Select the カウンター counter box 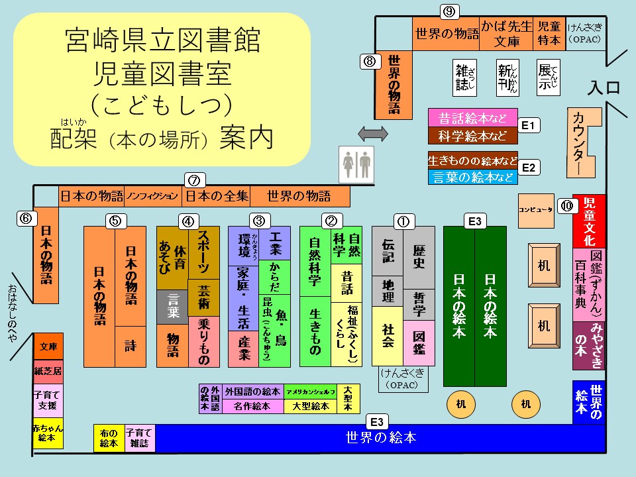[584, 142]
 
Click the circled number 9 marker [450, 11]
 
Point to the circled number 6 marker [25, 218]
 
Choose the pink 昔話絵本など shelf [472, 119]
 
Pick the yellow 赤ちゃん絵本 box [48, 433]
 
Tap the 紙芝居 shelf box [48, 371]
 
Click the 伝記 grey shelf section [388, 250]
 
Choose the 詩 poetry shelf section [131, 346]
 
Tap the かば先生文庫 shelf [507, 33]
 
